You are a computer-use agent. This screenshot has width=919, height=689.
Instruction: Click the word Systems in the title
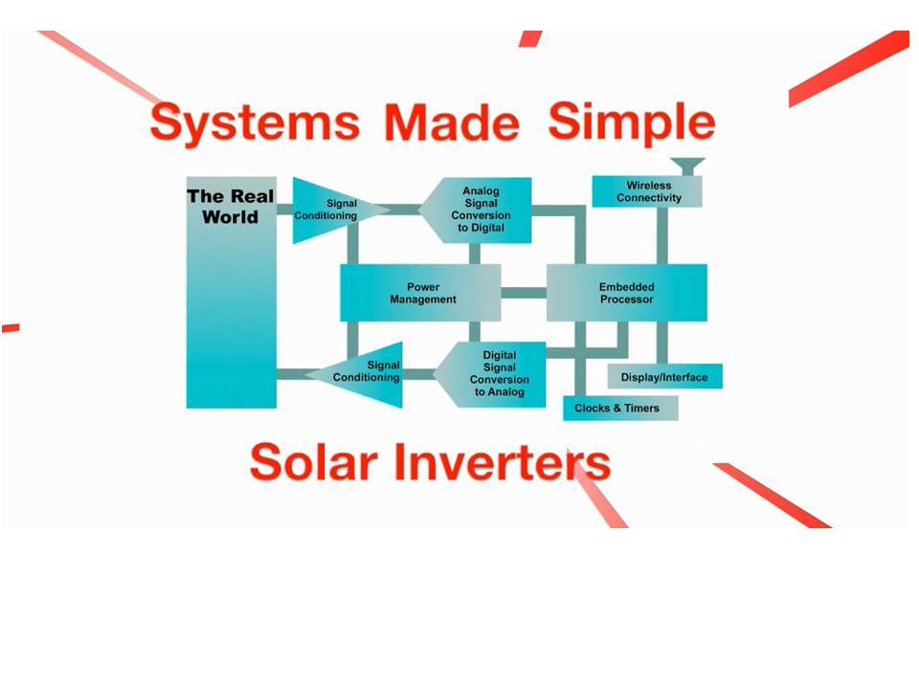255,122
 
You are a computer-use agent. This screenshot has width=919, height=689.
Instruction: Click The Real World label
231,207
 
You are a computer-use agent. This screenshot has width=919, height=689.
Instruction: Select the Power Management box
421,293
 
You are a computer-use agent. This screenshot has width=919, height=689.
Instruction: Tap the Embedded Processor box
626,293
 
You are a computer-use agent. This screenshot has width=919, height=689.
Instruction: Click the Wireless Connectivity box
648,191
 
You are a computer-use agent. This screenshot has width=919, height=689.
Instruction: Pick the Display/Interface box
664,377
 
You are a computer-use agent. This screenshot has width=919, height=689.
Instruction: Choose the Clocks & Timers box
619,408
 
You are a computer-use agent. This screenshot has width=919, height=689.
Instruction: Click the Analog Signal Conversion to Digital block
479,210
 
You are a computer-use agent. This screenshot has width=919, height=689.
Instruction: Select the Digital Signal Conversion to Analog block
494,374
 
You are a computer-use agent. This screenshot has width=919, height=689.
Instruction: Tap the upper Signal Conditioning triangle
330,210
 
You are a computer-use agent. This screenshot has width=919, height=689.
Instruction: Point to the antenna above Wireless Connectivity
687,166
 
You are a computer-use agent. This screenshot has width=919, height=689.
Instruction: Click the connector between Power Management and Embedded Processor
523,293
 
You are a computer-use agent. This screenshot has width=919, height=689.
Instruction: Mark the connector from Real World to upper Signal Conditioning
284,210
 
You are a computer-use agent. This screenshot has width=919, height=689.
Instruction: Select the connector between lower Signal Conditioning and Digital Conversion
417,375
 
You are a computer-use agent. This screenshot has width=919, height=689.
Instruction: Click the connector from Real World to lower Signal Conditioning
291,374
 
